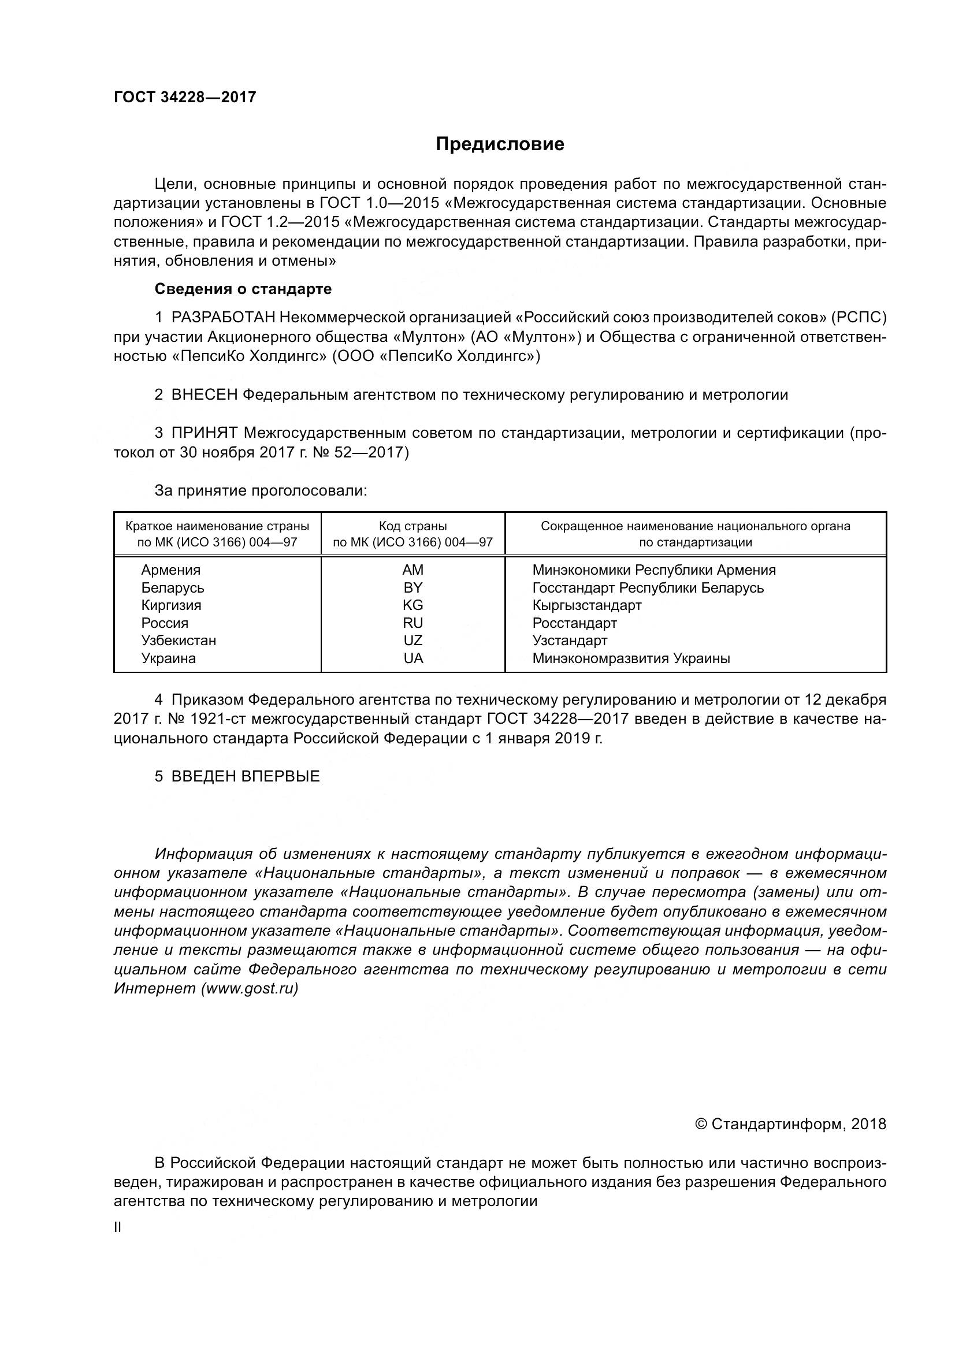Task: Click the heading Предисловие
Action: click(x=500, y=144)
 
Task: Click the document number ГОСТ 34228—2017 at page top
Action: click(x=185, y=97)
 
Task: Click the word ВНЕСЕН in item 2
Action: click(x=204, y=395)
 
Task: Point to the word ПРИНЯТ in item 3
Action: click(x=204, y=433)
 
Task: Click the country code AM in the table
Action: click(x=413, y=570)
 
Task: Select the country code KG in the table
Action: click(x=413, y=605)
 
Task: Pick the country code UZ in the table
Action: click(x=413, y=640)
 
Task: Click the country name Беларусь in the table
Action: click(x=172, y=587)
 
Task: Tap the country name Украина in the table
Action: click(x=168, y=658)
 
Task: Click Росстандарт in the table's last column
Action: click(x=574, y=623)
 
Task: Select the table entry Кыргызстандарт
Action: click(x=586, y=605)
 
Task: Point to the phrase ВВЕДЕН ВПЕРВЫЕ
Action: click(x=246, y=776)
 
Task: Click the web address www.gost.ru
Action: click(x=250, y=988)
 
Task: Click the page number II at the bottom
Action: click(x=118, y=1227)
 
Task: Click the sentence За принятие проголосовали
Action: click(x=261, y=490)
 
